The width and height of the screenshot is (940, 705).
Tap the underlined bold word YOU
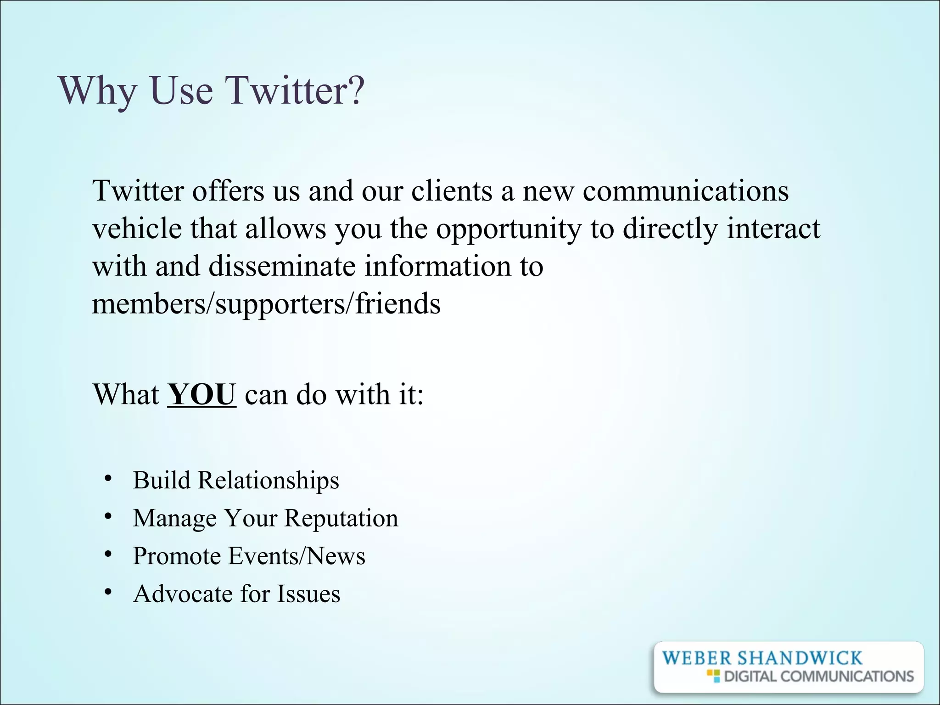coord(201,394)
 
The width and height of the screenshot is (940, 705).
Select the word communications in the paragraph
coord(686,190)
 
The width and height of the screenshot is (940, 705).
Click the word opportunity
coord(509,229)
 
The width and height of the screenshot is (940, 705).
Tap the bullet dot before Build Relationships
coord(108,479)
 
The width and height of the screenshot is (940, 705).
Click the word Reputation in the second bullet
coord(341,518)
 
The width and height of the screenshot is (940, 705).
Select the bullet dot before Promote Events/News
coord(108,555)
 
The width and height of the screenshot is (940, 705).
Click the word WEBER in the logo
coord(697,658)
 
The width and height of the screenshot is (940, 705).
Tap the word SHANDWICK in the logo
coord(800,658)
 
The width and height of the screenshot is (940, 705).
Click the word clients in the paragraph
coord(452,190)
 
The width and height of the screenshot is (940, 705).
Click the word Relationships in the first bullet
coord(269,480)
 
